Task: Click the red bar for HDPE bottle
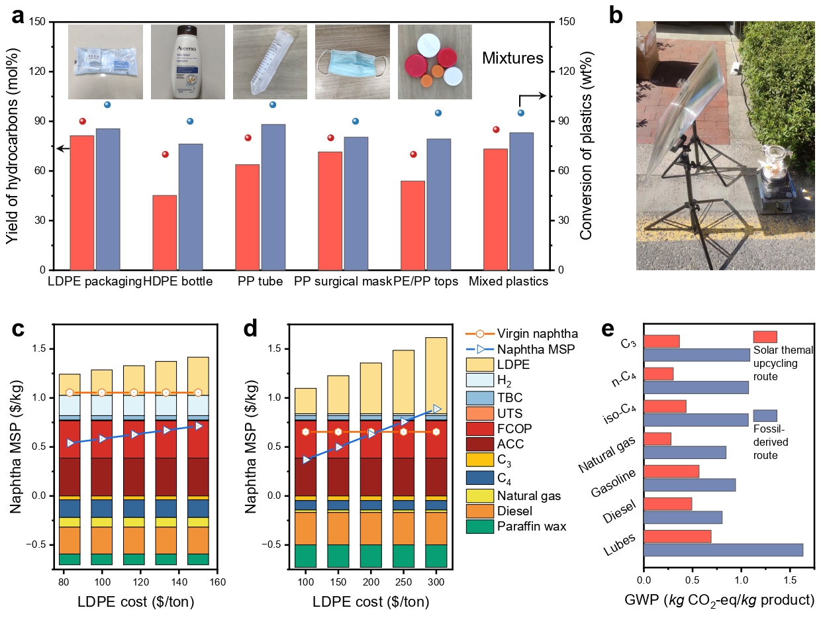pyautogui.click(x=165, y=232)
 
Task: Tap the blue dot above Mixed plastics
pyautogui.click(x=521, y=113)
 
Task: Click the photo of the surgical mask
pyautogui.click(x=352, y=62)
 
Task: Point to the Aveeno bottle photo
pyautogui.click(x=188, y=62)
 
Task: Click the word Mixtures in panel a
pyautogui.click(x=512, y=58)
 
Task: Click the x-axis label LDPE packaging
pyautogui.click(x=95, y=282)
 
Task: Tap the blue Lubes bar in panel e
pyautogui.click(x=723, y=550)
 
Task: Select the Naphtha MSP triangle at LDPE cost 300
pyautogui.click(x=436, y=409)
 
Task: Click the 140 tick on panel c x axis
pyautogui.click(x=166, y=582)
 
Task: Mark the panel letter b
pyautogui.click(x=615, y=17)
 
